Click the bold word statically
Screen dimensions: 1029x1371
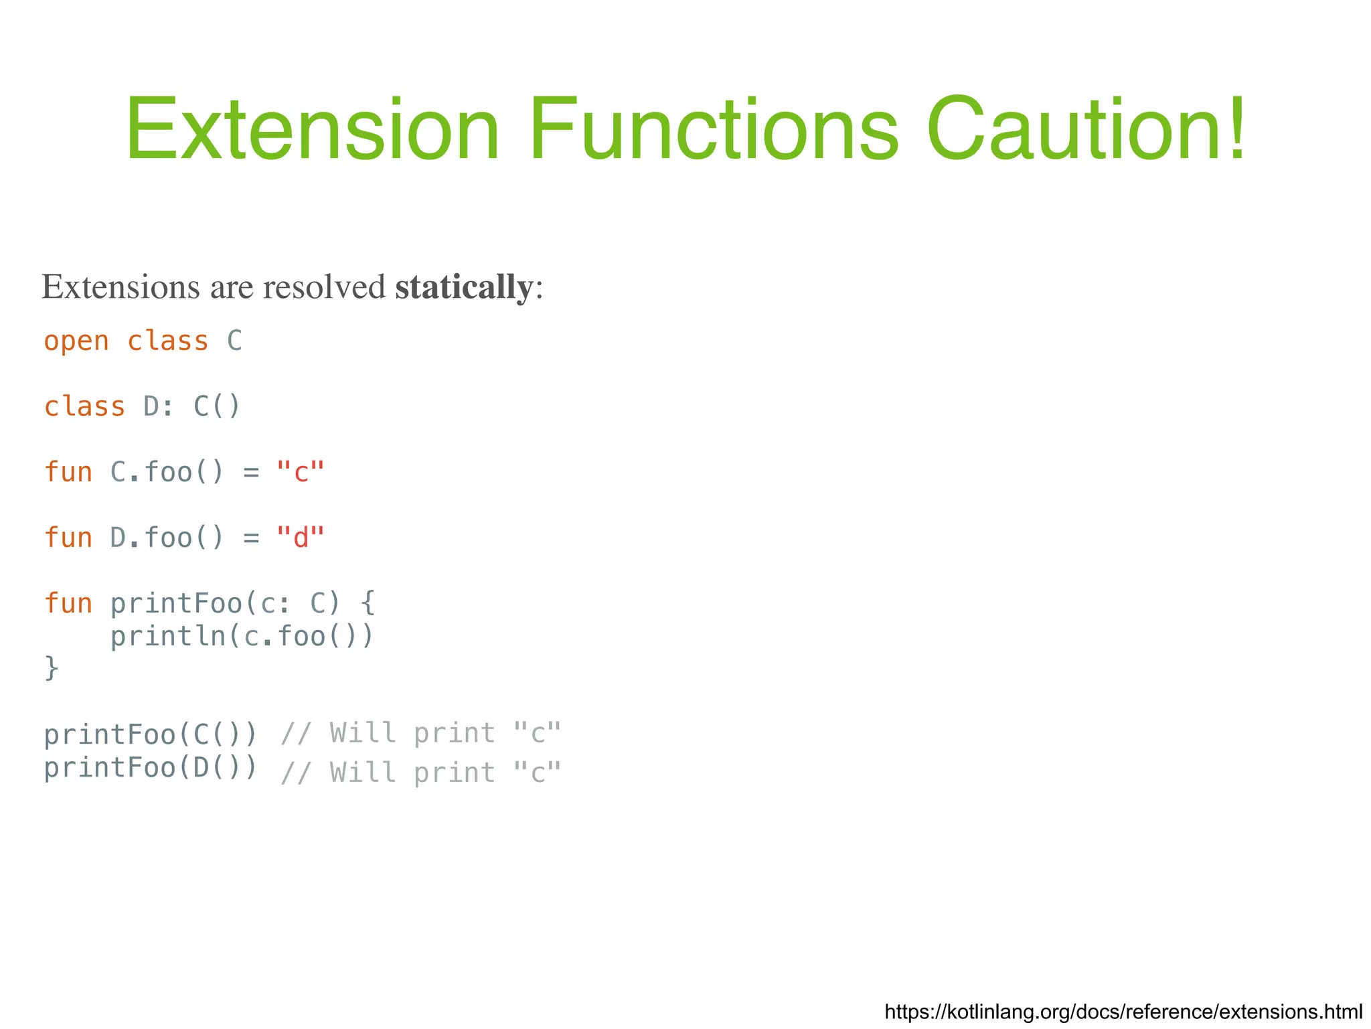[x=464, y=287]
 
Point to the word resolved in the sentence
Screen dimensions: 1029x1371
[x=324, y=287]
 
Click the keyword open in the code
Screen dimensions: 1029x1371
[x=76, y=341]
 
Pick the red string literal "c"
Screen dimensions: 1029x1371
[x=301, y=472]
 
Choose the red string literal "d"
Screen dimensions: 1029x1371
[x=301, y=538]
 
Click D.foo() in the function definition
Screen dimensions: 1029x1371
[x=167, y=538]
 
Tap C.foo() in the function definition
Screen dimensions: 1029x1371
[x=167, y=472]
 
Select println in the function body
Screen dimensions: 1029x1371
[x=168, y=636]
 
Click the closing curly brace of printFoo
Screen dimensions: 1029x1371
[x=52, y=668]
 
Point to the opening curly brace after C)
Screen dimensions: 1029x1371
[x=368, y=603]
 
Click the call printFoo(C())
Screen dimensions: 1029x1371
[x=151, y=734]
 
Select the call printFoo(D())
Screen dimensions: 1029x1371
[x=151, y=767]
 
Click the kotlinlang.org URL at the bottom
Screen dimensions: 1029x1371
[x=1123, y=1011]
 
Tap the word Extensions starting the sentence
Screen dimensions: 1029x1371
[x=121, y=287]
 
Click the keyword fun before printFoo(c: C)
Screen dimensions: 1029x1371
[x=68, y=603]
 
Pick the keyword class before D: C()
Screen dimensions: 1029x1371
[x=84, y=407]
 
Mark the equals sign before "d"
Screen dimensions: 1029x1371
[x=251, y=538]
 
